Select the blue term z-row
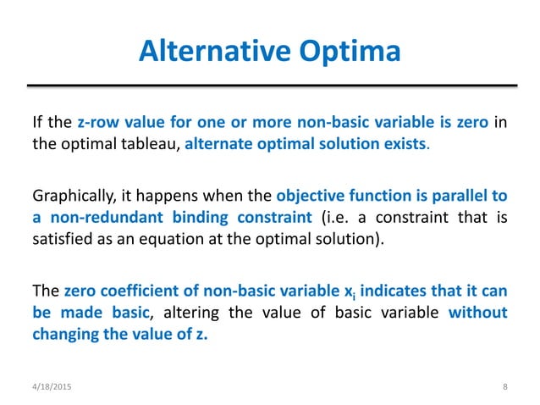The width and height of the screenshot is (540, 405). pos(99,123)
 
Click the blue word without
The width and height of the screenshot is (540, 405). pos(477,313)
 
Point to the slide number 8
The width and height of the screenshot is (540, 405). pos(504,387)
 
